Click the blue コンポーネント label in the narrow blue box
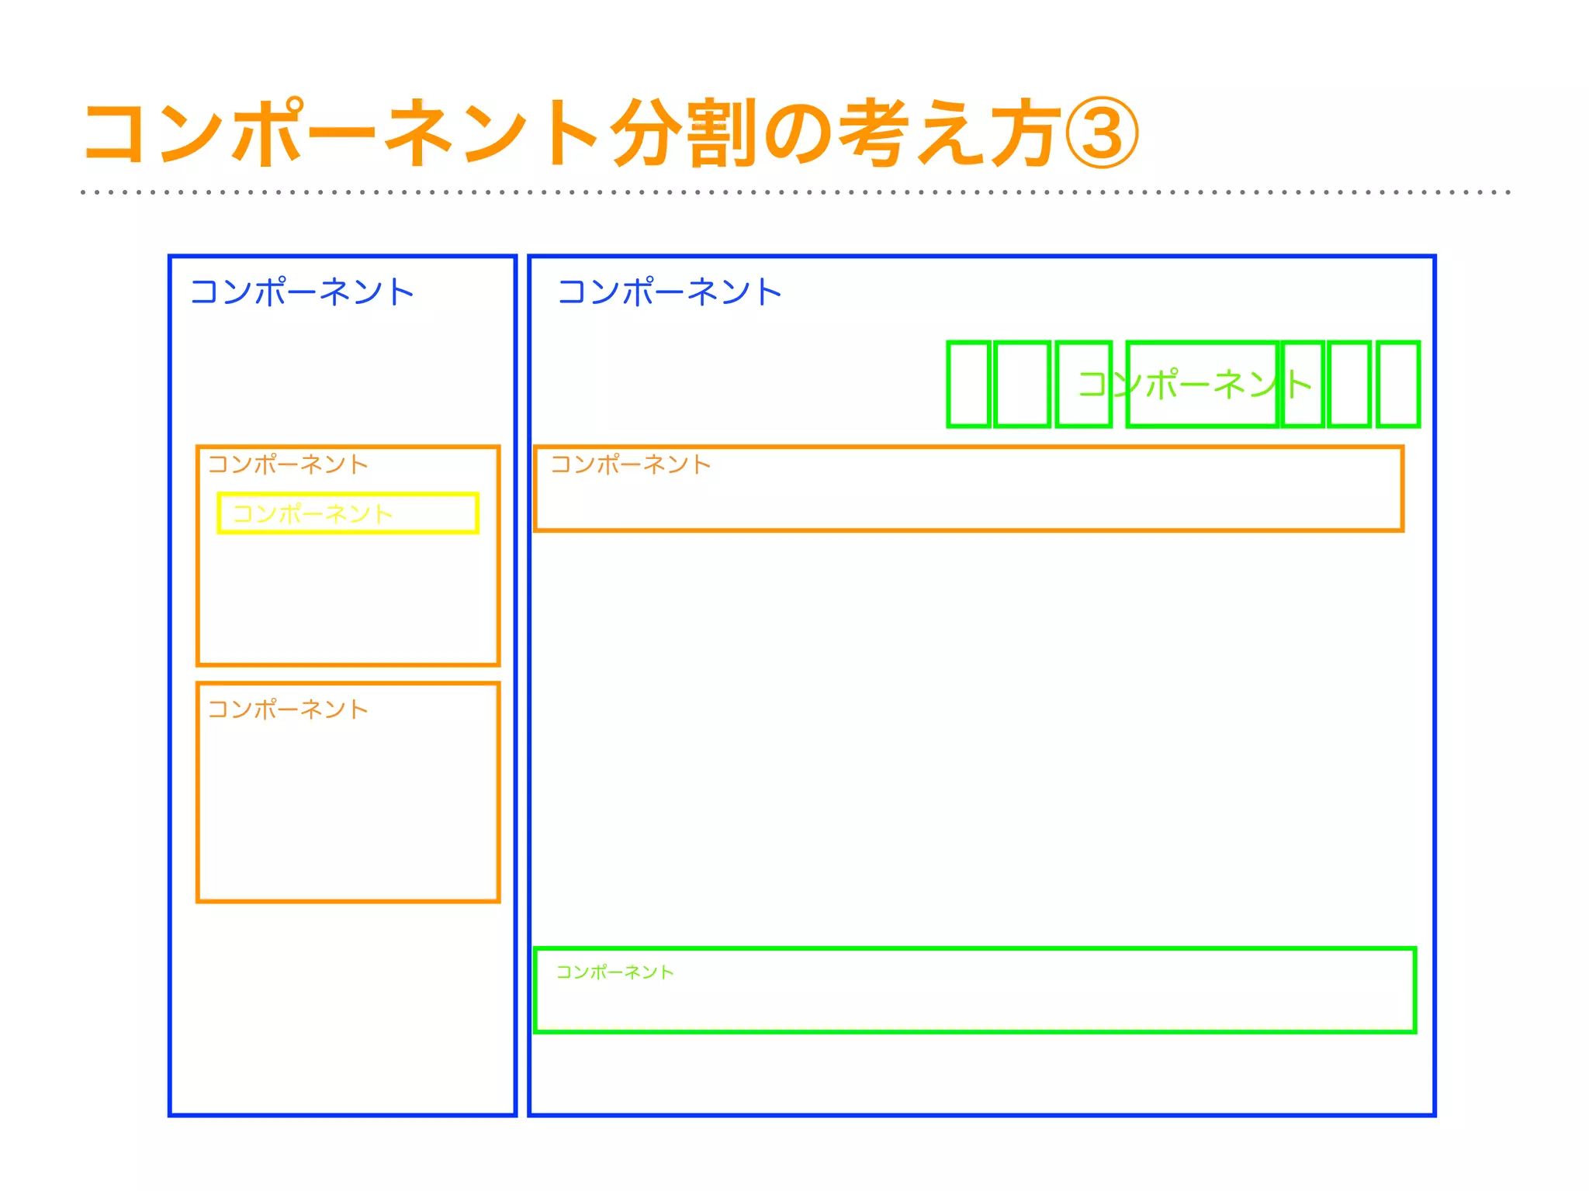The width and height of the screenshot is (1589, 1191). click(x=302, y=292)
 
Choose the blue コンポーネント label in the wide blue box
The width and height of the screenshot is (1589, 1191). click(x=670, y=292)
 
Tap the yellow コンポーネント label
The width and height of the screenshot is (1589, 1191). click(x=313, y=513)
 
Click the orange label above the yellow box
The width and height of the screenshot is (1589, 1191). click(x=288, y=464)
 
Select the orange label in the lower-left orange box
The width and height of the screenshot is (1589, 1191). click(x=288, y=709)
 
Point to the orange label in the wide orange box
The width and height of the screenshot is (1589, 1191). click(x=631, y=464)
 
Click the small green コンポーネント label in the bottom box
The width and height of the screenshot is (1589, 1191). click(x=615, y=972)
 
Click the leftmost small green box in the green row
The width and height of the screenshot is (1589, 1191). click(x=968, y=384)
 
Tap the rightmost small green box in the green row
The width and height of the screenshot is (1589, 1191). click(x=1398, y=384)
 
